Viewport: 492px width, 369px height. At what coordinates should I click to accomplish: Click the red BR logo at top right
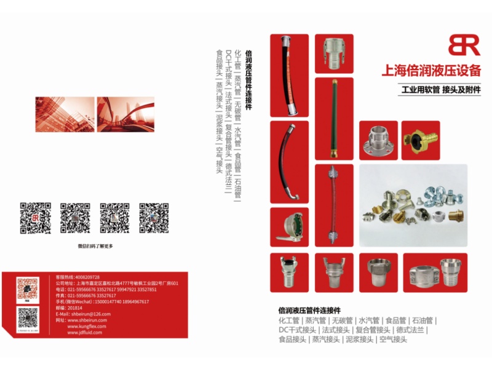point(464,45)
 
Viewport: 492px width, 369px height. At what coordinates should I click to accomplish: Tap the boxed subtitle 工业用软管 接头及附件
point(440,90)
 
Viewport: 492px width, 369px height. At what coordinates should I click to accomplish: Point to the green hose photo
point(334,117)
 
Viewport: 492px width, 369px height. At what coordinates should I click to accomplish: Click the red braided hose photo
point(334,204)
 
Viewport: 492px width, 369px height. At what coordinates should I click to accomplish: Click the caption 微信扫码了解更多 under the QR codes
point(95,246)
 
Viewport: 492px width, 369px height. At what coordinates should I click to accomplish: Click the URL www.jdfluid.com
point(86,332)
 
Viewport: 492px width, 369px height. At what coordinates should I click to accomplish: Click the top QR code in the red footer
point(28,289)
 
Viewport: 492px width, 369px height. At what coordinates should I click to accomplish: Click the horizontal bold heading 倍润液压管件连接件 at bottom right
point(309,311)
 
